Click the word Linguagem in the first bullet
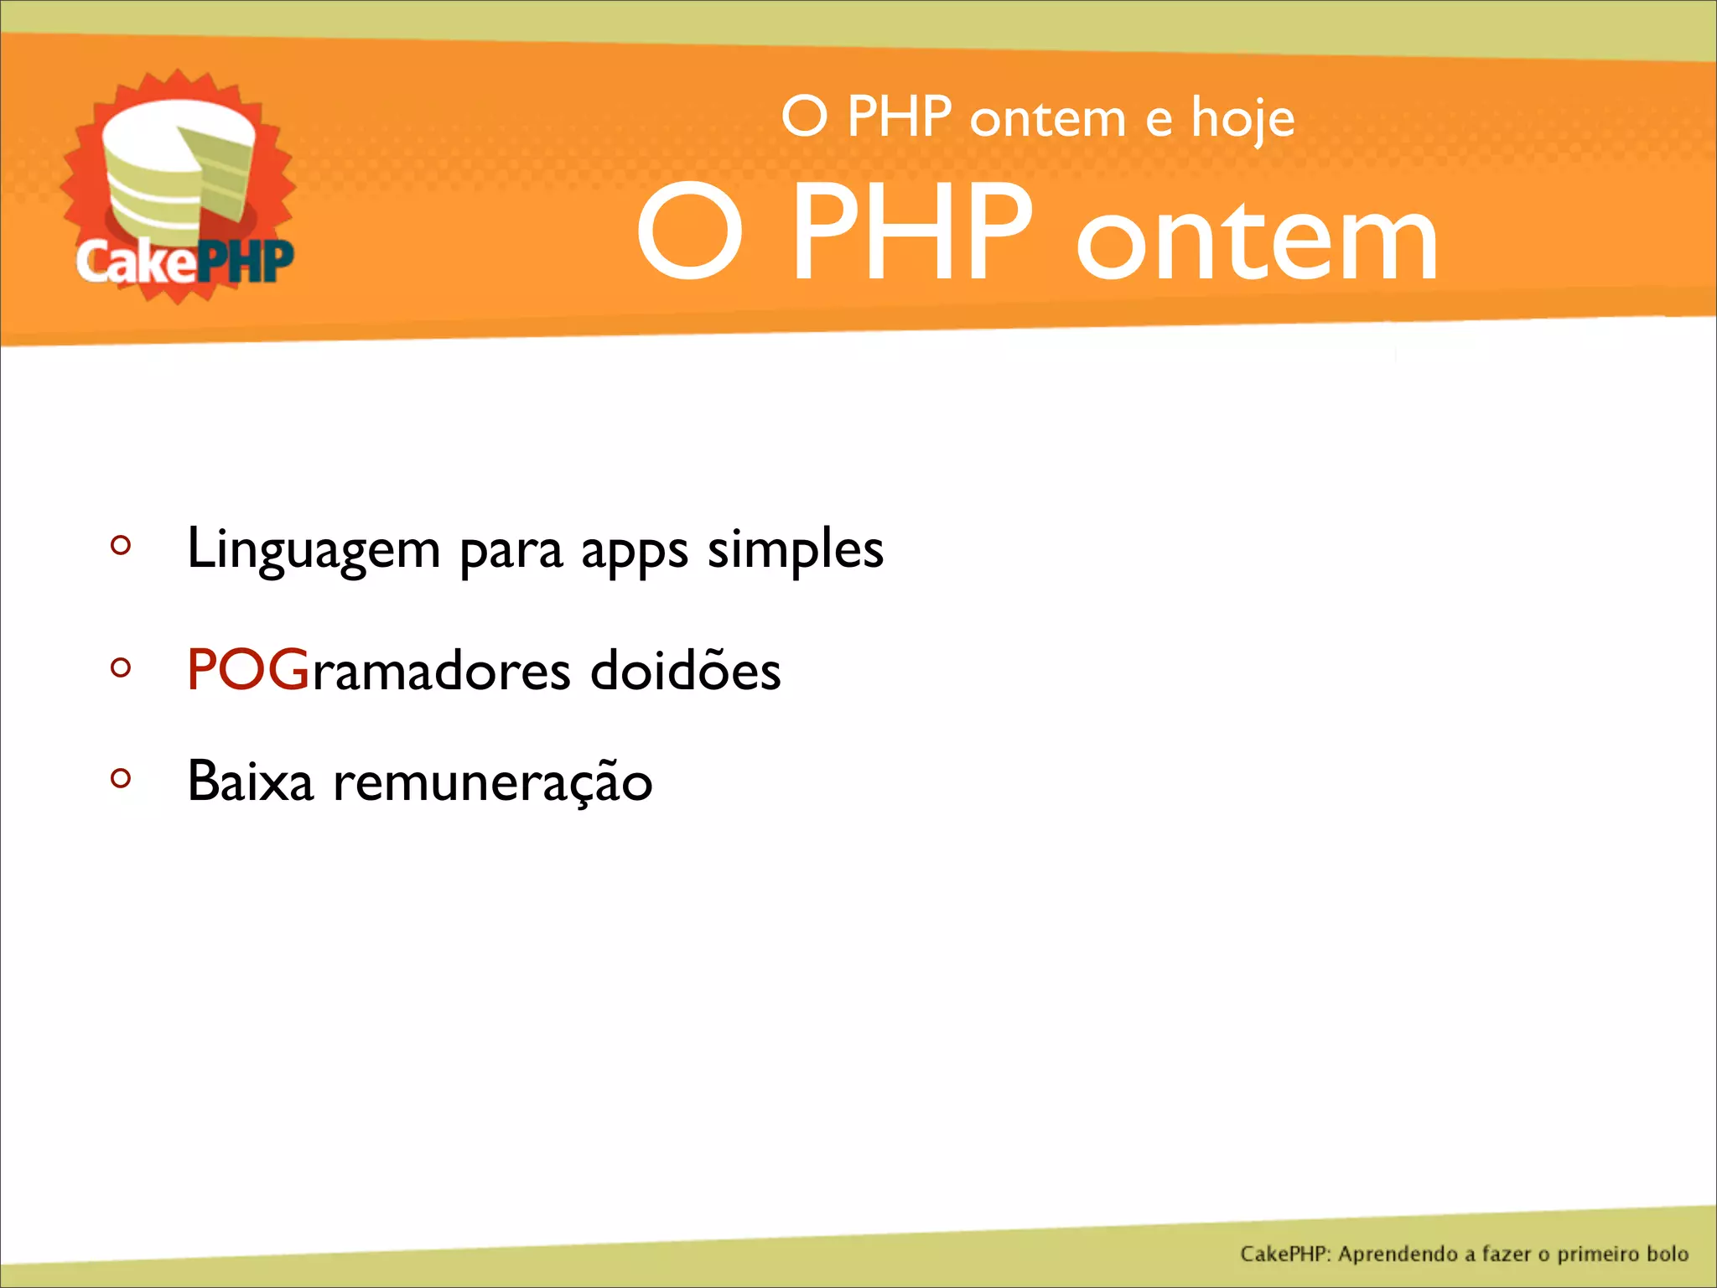[x=314, y=550]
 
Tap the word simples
[x=795, y=550]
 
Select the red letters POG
[x=248, y=670]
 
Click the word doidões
[x=685, y=670]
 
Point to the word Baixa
[x=250, y=781]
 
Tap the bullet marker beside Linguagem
[x=121, y=546]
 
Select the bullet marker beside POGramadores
[x=121, y=668]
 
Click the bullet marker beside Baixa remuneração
[x=121, y=779]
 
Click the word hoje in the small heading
[x=1242, y=119]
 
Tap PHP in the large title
[x=911, y=232]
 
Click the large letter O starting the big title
[x=689, y=232]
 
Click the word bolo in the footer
[x=1666, y=1254]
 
